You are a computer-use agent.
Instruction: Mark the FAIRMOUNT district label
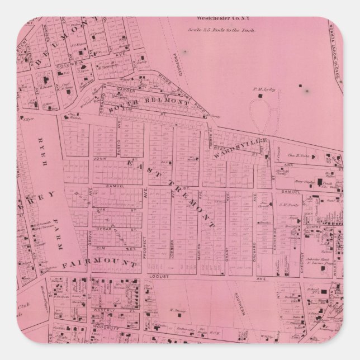pos(100,263)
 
